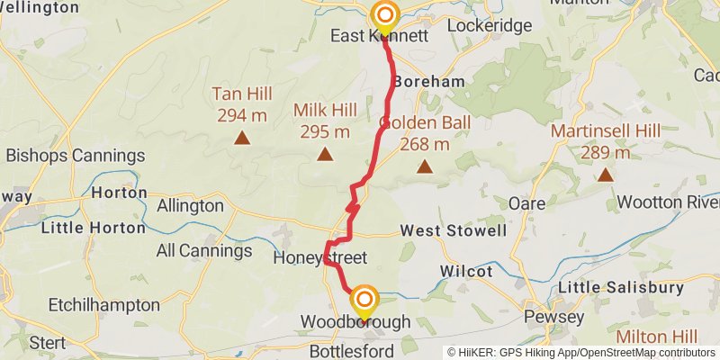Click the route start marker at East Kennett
pyautogui.click(x=385, y=15)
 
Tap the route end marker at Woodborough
pyautogui.click(x=364, y=299)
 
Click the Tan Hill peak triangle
pyautogui.click(x=241, y=138)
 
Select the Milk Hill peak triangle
pyautogui.click(x=324, y=155)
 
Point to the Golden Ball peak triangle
pyautogui.click(x=424, y=166)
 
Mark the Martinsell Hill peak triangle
pyautogui.click(x=606, y=175)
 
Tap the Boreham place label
pyautogui.click(x=429, y=81)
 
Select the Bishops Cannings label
pyautogui.click(x=75, y=155)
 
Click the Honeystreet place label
pyautogui.click(x=319, y=258)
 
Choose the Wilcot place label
pyautogui.click(x=466, y=271)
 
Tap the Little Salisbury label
pyautogui.click(x=621, y=287)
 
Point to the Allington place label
pyautogui.click(x=190, y=205)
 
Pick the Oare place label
pyautogui.click(x=526, y=203)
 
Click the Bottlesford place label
pyautogui.click(x=351, y=351)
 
